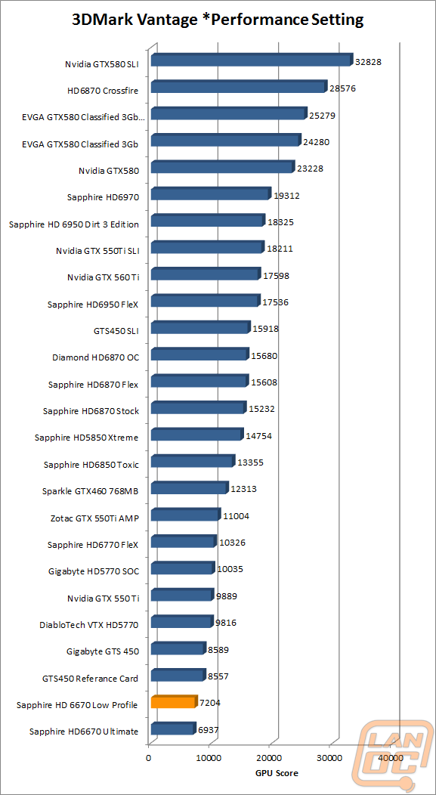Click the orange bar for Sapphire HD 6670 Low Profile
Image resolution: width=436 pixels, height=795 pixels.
click(173, 702)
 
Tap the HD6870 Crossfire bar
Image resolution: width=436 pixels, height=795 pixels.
click(240, 87)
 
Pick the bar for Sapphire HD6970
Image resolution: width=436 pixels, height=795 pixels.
click(212, 193)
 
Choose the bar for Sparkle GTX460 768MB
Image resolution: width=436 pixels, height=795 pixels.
click(190, 487)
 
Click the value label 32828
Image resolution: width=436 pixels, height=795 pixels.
click(368, 62)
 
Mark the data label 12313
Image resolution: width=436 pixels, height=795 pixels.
click(243, 489)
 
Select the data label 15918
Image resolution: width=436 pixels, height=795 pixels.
click(266, 329)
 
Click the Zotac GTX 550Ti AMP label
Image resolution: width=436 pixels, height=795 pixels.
click(94, 518)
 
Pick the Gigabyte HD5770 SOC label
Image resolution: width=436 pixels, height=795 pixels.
click(94, 571)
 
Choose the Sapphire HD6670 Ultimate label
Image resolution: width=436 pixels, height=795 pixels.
click(84, 732)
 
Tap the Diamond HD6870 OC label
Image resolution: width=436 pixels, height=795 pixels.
click(96, 357)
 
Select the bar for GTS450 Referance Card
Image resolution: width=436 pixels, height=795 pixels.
click(178, 675)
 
